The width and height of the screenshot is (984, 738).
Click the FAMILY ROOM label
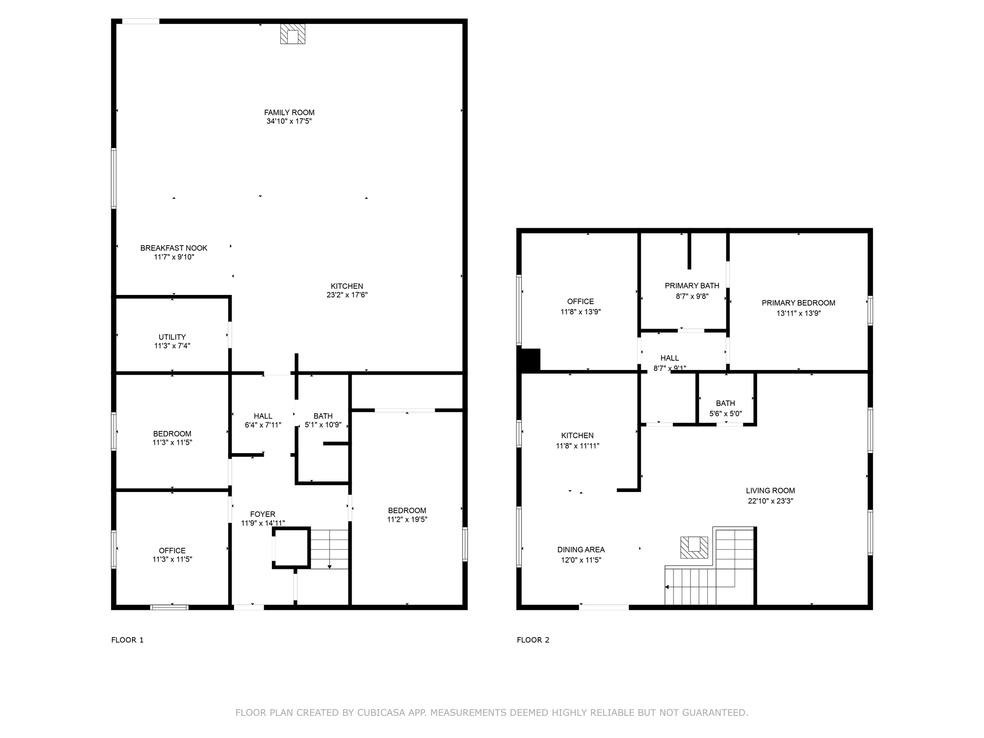click(289, 112)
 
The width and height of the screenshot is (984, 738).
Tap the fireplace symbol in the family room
click(293, 34)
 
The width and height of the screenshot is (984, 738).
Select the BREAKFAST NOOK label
click(174, 248)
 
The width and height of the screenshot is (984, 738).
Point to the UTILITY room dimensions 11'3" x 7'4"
click(172, 345)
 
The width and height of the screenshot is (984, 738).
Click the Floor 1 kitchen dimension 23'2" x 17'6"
click(347, 295)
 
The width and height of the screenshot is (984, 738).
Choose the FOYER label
click(263, 514)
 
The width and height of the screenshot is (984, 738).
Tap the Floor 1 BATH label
click(323, 416)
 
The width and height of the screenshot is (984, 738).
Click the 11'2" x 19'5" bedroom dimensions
click(407, 519)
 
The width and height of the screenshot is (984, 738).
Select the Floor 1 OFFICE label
click(172, 551)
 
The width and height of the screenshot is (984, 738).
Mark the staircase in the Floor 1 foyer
click(329, 549)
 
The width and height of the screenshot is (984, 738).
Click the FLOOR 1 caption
click(127, 640)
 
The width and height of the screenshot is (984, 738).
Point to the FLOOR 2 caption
click(533, 640)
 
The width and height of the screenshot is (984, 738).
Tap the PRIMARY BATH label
click(692, 286)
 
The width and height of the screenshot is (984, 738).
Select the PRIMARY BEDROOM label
click(799, 303)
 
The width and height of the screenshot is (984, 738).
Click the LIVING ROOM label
click(771, 491)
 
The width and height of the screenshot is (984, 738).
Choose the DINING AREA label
click(581, 550)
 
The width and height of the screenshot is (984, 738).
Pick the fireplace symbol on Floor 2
click(694, 547)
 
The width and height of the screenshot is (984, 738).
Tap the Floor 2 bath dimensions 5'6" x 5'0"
click(726, 414)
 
